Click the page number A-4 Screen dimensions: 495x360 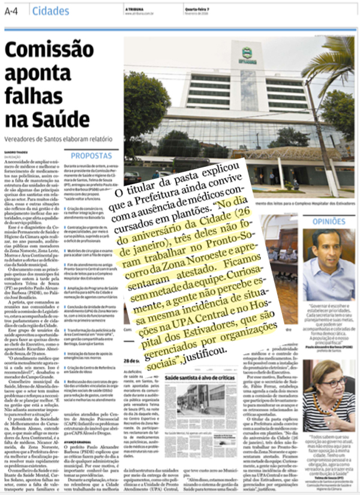pyautogui.click(x=13, y=11)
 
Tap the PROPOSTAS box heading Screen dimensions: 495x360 pyautogui.click(x=95, y=155)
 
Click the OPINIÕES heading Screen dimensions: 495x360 pyautogui.click(x=329, y=221)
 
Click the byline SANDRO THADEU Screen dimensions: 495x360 pyautogui.click(x=14, y=153)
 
